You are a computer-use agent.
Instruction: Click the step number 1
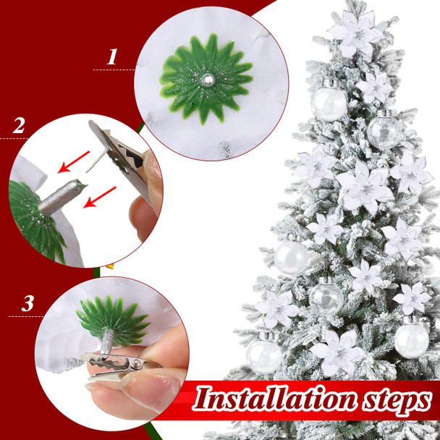pos(112,57)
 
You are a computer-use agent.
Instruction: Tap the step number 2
pos(19,125)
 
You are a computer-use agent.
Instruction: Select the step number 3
pos(27,303)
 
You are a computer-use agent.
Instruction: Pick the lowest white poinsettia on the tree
pos(337,352)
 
